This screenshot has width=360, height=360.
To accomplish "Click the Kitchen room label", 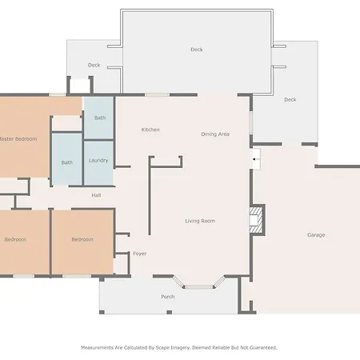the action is [x=150, y=130].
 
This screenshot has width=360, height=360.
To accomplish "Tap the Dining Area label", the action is [x=215, y=134].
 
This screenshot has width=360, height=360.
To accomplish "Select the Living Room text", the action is [x=200, y=221].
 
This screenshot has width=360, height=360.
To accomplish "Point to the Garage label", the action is [x=316, y=235].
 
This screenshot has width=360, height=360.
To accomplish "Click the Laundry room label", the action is [x=98, y=160].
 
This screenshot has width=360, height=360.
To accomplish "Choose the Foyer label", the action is [x=140, y=254].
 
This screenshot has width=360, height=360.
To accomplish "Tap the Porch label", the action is [x=168, y=297].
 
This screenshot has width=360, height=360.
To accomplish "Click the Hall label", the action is [x=96, y=195].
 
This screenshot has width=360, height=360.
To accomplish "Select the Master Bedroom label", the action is [x=18, y=139].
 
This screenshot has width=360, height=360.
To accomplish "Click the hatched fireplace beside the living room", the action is [x=257, y=220].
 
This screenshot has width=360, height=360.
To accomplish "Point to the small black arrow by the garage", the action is [x=254, y=159].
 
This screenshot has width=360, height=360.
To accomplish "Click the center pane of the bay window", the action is [x=198, y=287].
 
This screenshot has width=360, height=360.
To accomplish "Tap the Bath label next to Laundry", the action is [x=67, y=162].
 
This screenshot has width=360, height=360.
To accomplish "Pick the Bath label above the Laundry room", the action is [x=100, y=118].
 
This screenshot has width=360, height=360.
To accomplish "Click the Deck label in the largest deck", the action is [x=197, y=50].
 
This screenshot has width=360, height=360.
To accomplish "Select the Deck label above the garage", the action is [x=290, y=100].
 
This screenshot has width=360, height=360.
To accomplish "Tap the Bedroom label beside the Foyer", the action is [x=82, y=239].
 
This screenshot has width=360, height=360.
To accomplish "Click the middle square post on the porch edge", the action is [x=170, y=312].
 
